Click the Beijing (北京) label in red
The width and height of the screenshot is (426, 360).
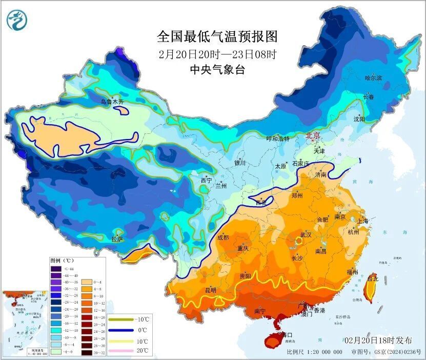pos(313,136)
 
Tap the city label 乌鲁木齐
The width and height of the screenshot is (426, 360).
pos(112,102)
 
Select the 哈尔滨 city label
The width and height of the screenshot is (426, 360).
pos(373,78)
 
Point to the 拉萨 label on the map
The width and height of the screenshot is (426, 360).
pos(117,238)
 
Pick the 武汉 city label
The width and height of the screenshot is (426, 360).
pos(306,234)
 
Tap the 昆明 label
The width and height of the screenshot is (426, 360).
pos(211,290)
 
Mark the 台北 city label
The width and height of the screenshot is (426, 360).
pos(373,279)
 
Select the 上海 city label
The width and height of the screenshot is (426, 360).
pos(362,221)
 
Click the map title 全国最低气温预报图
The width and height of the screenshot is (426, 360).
pos(217,36)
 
